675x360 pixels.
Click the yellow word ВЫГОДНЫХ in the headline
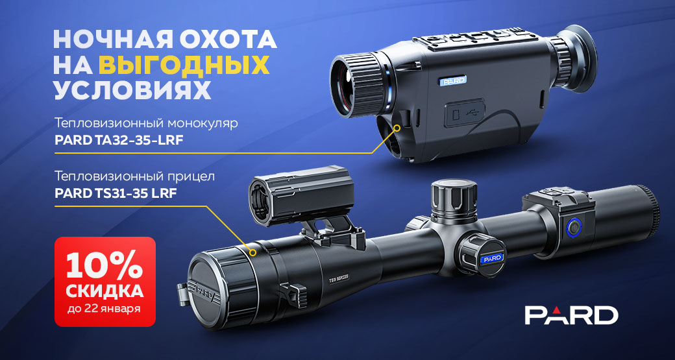point(184,65)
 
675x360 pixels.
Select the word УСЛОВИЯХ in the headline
point(132,90)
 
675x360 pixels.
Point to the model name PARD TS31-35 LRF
point(116,193)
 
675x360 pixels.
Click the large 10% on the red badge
point(105,267)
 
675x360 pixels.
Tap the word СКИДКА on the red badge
point(105,292)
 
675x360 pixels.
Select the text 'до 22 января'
point(105,309)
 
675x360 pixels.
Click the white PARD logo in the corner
point(571,315)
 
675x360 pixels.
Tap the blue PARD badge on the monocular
point(452,80)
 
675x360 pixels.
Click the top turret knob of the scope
point(454,200)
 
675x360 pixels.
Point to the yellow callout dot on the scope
point(252,252)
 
